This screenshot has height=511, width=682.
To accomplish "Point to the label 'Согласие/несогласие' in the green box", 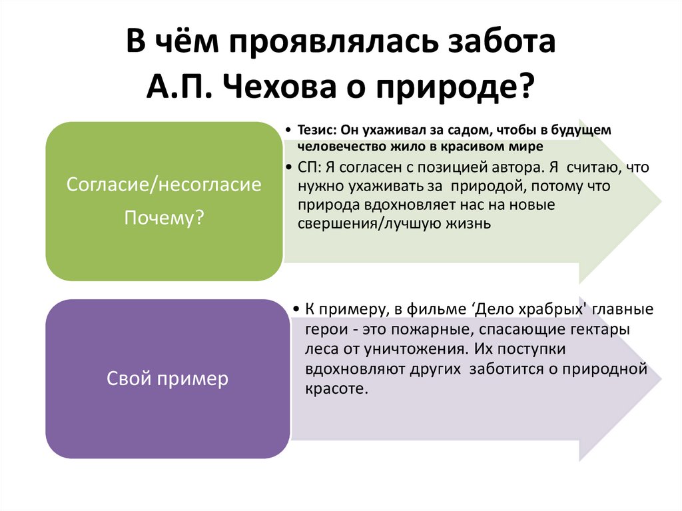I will coord(164,185).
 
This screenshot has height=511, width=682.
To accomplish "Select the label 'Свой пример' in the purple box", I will coord(167,379).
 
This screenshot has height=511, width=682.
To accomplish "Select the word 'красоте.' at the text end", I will coord(336,388).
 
